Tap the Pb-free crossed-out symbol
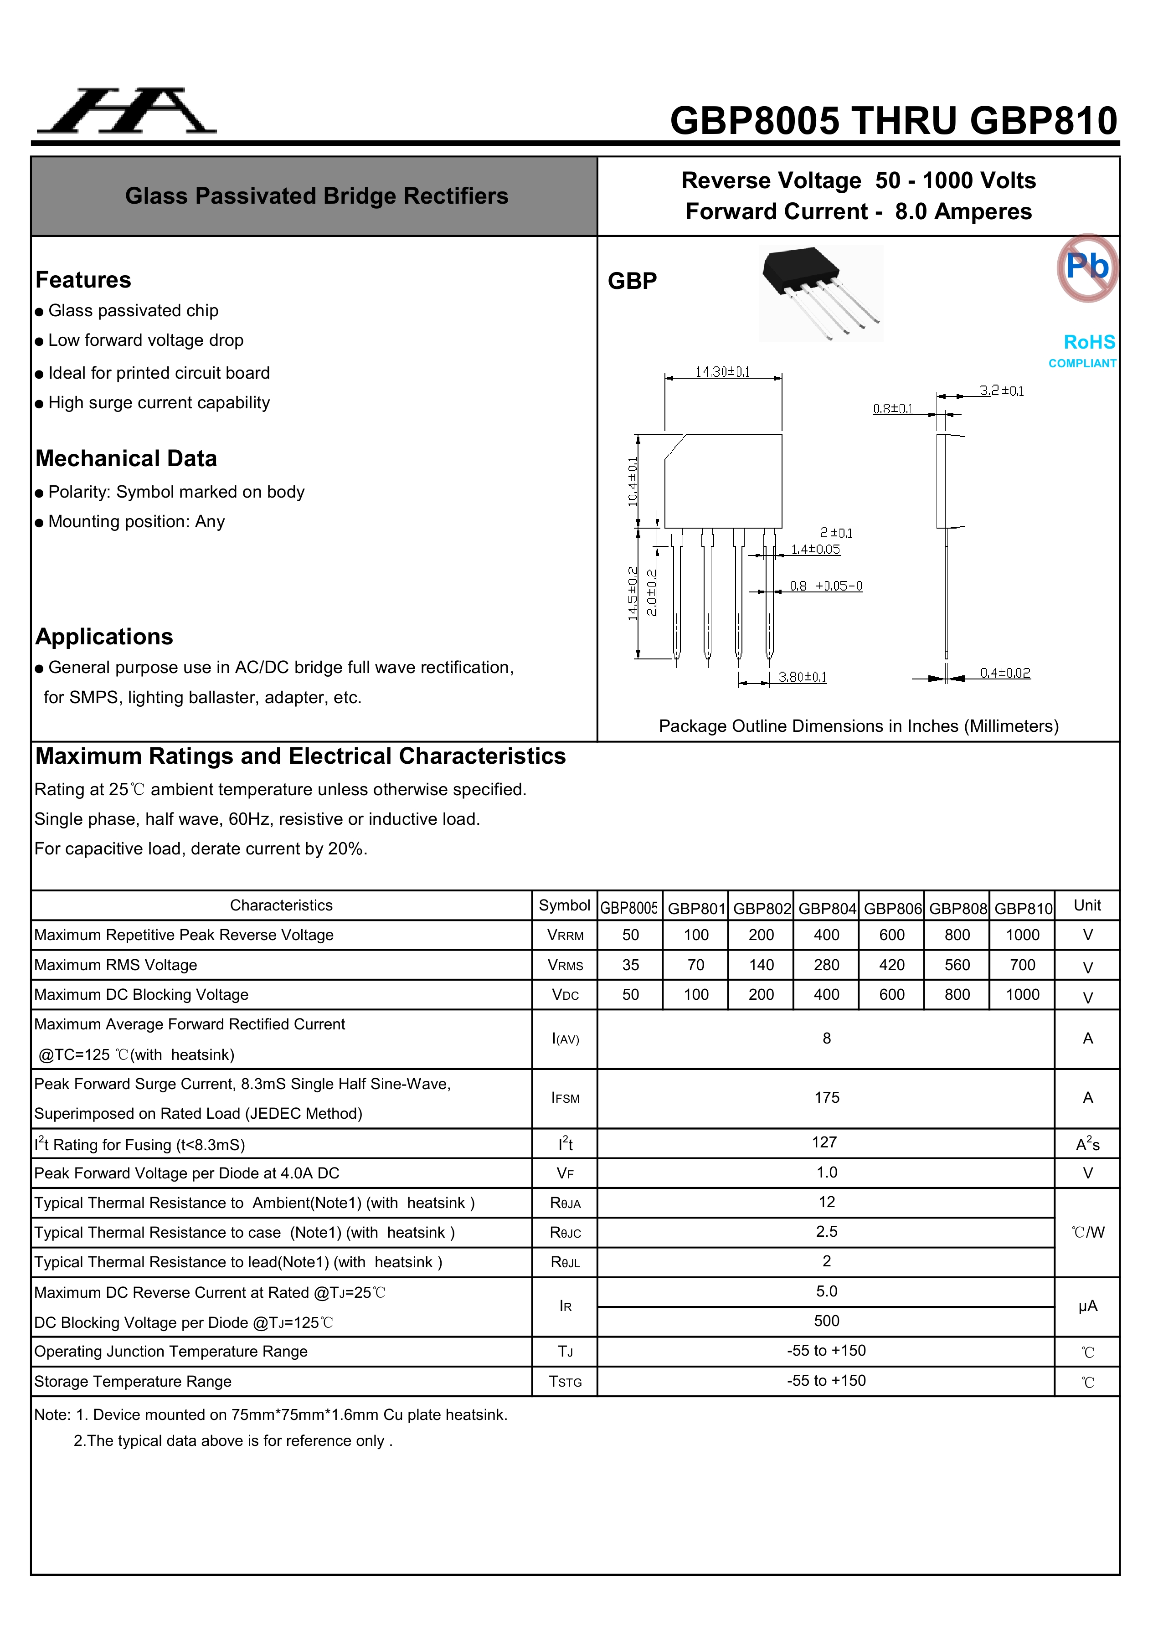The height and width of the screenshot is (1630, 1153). (1087, 267)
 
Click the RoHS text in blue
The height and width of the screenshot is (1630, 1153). (1089, 342)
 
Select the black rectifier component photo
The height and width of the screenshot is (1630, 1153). (821, 293)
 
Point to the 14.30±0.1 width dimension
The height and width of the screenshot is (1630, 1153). (722, 372)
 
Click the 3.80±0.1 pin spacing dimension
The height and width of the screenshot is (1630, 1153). (802, 677)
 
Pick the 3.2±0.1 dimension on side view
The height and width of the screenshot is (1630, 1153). (1001, 391)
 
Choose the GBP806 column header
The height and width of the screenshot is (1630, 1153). (892, 908)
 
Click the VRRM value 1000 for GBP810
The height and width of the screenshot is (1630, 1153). (1022, 935)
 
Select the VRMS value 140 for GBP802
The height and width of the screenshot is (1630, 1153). (761, 965)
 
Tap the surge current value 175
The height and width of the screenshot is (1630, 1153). (826, 1098)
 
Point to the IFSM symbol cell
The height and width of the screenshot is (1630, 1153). (565, 1098)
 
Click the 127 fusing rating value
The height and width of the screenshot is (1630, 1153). (824, 1142)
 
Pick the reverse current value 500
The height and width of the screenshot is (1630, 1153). (826, 1321)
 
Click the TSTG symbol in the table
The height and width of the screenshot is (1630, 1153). (565, 1382)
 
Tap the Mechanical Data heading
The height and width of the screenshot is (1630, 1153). (126, 458)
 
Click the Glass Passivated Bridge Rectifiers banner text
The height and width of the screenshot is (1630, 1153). (317, 196)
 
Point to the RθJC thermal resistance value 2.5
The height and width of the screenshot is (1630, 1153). (826, 1232)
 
